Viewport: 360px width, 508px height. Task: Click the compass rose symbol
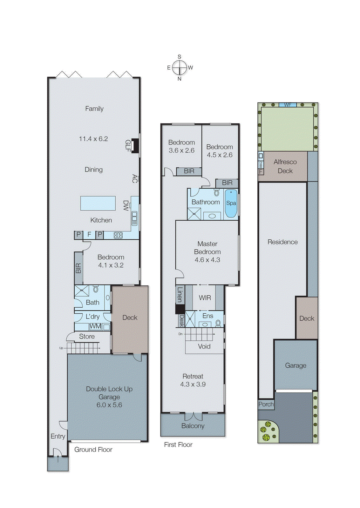coord(180,68)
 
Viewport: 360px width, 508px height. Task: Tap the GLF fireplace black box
coord(135,146)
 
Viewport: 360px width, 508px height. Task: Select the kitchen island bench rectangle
coord(98,203)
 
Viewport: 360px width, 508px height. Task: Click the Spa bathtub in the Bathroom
coord(231,203)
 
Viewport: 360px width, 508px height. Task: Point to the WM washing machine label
coord(95,326)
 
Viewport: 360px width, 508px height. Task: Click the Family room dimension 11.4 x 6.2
coord(93,139)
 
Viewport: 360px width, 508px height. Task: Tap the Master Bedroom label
coord(207,248)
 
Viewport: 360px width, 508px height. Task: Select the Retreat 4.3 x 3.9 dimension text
coord(193,384)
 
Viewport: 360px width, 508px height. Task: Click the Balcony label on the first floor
coord(193,426)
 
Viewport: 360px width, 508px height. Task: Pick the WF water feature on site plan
coord(288,105)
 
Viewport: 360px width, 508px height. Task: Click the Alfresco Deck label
coord(285,166)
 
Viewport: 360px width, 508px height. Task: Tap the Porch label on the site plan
coord(266,404)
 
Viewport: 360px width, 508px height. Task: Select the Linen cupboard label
coord(180,294)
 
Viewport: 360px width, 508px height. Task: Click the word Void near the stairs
coord(204,346)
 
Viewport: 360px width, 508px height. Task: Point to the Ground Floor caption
coord(93,450)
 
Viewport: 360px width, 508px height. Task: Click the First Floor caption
coord(178,445)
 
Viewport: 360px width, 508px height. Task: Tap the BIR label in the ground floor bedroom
coord(78,268)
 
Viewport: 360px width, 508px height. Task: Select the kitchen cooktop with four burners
coord(118,235)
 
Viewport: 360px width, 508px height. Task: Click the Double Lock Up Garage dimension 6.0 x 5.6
coord(109,405)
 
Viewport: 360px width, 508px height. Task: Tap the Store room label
coord(87,336)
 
